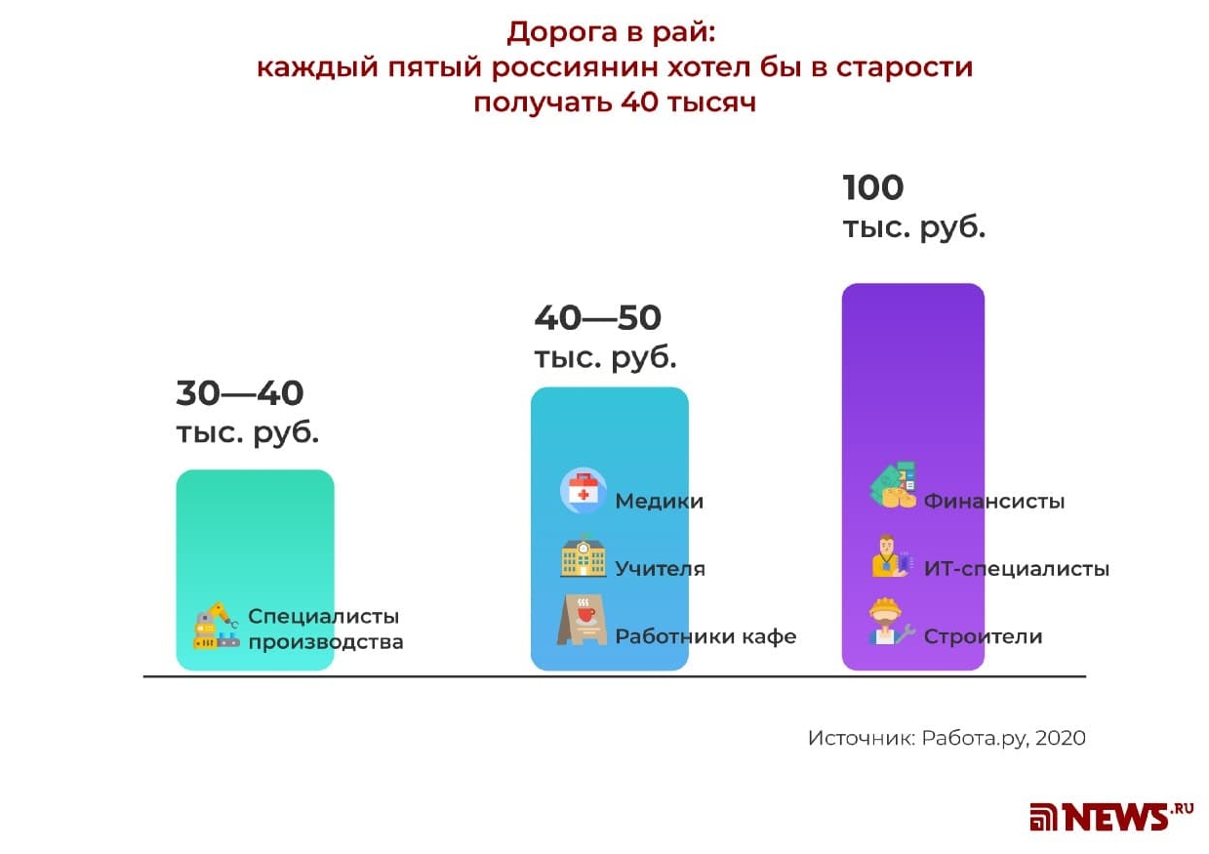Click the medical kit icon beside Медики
click(x=583, y=491)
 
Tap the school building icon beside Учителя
click(x=583, y=558)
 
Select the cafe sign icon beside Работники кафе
click(x=582, y=622)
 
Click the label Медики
click(x=659, y=502)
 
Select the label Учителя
click(x=660, y=569)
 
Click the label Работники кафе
click(x=705, y=636)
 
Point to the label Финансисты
click(x=993, y=502)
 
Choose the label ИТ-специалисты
click(x=1016, y=568)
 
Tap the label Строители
click(x=983, y=636)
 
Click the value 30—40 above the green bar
click(x=240, y=393)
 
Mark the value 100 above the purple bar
click(x=872, y=186)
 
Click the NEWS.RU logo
click(x=1110, y=816)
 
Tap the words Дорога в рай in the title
click(x=611, y=32)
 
